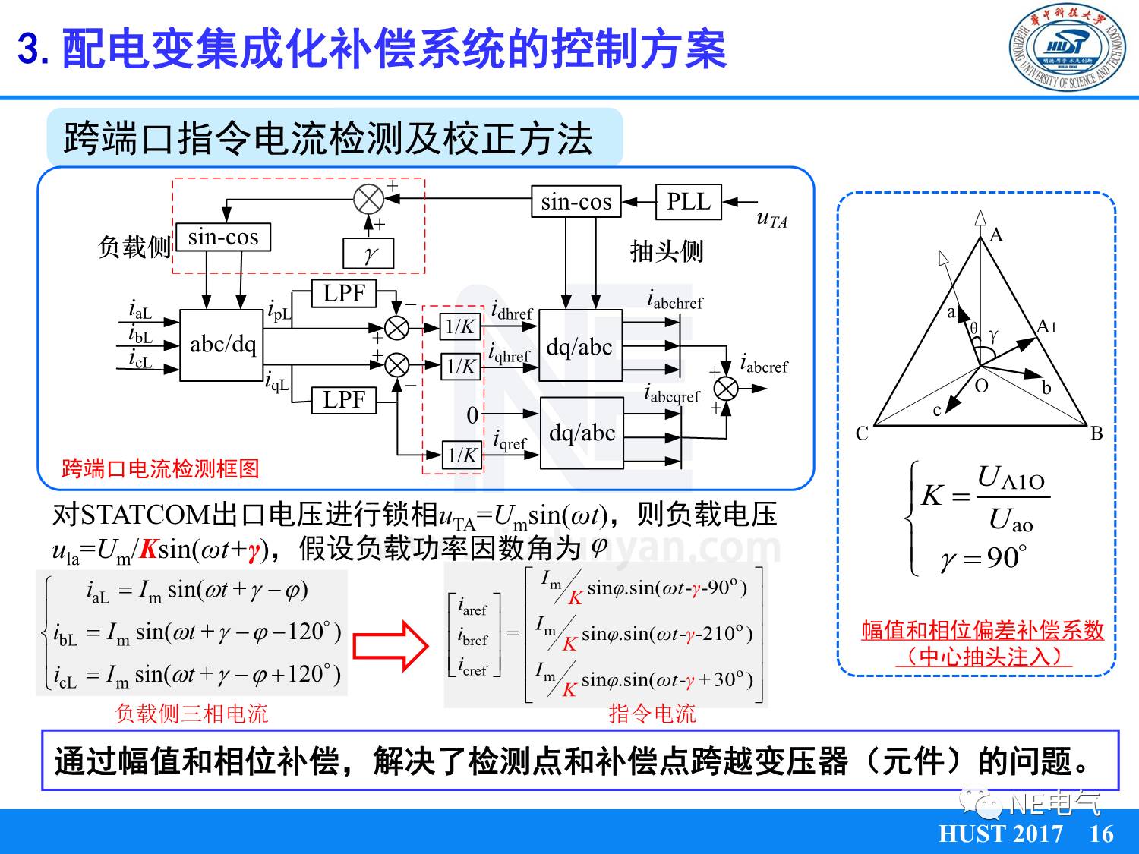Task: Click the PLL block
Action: click(x=688, y=202)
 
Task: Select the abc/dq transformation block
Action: click(x=222, y=345)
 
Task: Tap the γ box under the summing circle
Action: click(x=369, y=254)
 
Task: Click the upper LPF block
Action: click(x=344, y=293)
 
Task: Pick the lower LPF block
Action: click(x=344, y=399)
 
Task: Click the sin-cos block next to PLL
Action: click(x=576, y=202)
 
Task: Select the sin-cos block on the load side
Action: click(x=223, y=237)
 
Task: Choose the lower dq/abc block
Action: click(x=582, y=433)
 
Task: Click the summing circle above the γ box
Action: click(x=369, y=200)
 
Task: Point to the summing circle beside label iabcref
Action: click(x=726, y=389)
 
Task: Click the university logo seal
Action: click(x=1067, y=48)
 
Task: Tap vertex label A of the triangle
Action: click(x=996, y=235)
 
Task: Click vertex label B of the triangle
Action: click(x=1096, y=433)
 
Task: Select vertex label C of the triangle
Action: click(x=862, y=433)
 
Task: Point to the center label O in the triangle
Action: click(x=982, y=386)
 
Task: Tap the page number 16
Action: click(x=1101, y=834)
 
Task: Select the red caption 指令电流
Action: click(x=652, y=714)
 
